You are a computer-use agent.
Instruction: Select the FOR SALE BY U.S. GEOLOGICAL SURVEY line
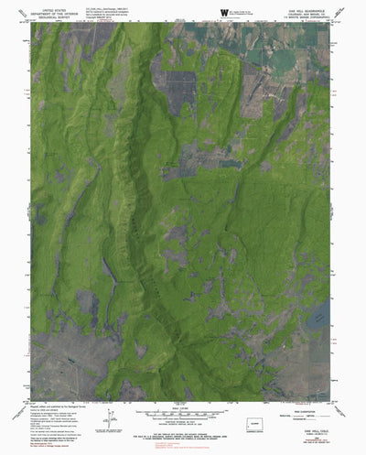pyautogui.click(x=183, y=422)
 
